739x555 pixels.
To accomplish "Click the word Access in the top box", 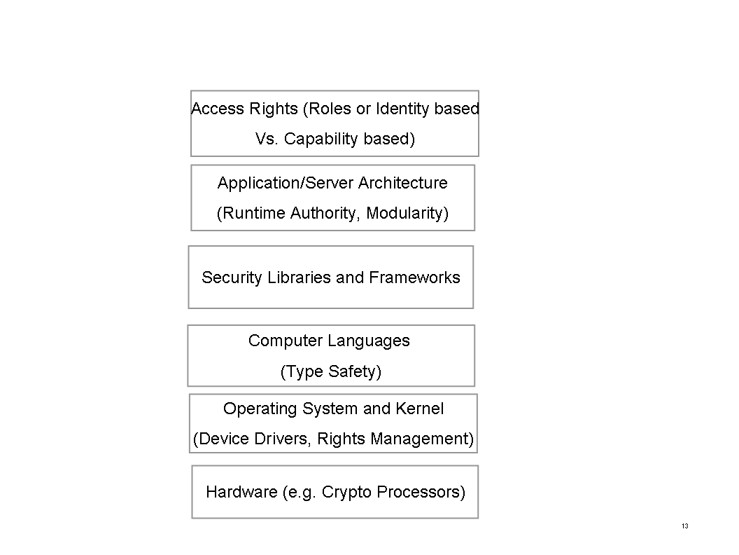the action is pyautogui.click(x=218, y=109).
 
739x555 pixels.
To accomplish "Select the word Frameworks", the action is pyautogui.click(x=415, y=277).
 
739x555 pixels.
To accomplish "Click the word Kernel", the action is pyautogui.click(x=419, y=409).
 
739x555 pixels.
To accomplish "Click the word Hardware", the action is pyautogui.click(x=241, y=492).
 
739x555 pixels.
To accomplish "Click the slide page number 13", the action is pyautogui.click(x=685, y=526).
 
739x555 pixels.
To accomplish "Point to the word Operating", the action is pyautogui.click(x=260, y=409).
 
